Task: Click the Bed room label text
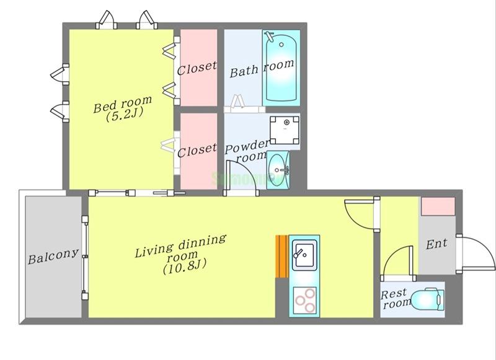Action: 123,103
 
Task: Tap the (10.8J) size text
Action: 185,266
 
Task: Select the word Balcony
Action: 53,257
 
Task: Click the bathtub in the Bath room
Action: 281,68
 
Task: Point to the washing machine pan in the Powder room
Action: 285,130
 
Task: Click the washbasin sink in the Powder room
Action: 278,170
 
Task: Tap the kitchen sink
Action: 304,255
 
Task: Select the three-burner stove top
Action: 305,300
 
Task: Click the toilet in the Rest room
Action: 427,299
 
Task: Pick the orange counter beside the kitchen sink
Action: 281,257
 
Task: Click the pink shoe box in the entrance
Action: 438,206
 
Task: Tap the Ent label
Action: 436,244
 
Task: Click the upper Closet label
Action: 197,68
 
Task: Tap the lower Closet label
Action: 197,150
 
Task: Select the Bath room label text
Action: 262,69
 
